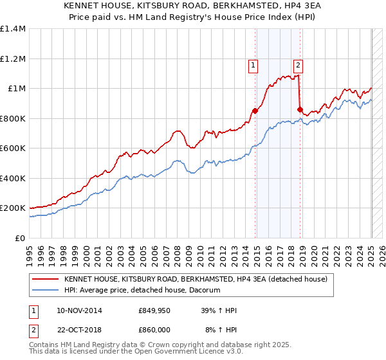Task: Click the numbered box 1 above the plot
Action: (253, 64)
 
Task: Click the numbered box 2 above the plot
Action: (299, 64)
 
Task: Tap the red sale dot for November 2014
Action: (255, 111)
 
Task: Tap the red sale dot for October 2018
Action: (300, 109)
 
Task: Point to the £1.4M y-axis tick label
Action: (13, 29)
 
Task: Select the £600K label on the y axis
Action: (13, 148)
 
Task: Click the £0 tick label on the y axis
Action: (21, 238)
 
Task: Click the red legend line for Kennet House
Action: (45, 279)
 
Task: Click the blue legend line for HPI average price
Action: (45, 291)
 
